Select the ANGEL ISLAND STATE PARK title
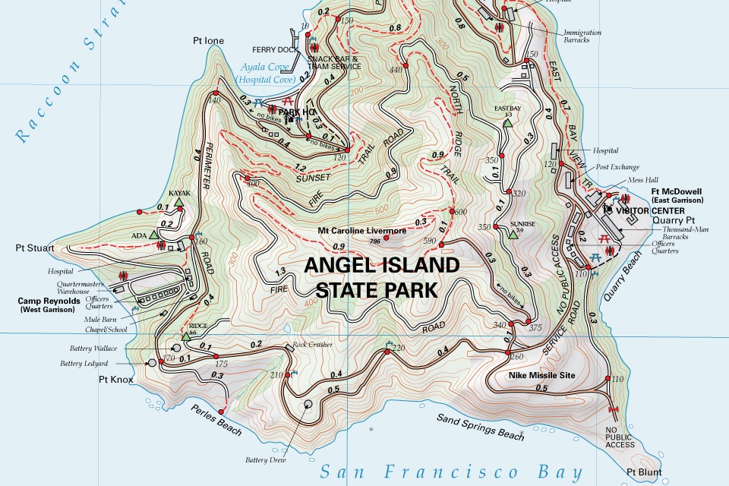tap(382, 277)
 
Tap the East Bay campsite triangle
tap(507, 121)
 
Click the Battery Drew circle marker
tap(308, 405)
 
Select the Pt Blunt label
tap(644, 472)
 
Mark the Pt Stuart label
tap(31, 248)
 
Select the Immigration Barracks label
tap(582, 37)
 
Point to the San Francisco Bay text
tap(451, 472)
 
